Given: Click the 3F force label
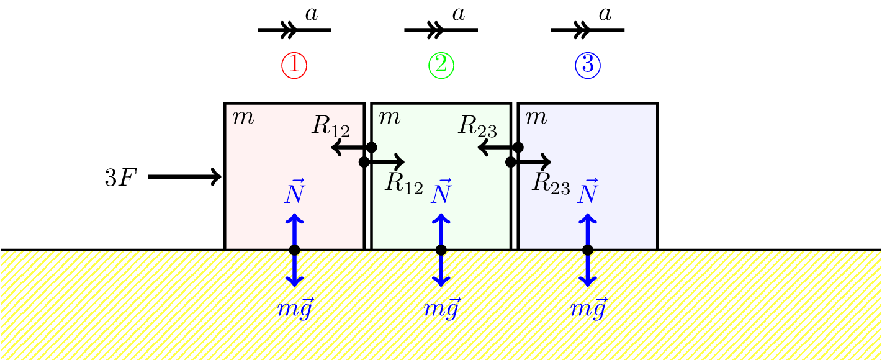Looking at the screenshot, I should pyautogui.click(x=119, y=178).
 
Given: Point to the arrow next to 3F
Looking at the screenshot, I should pyautogui.click(x=185, y=177).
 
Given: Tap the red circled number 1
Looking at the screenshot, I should pyautogui.click(x=294, y=65).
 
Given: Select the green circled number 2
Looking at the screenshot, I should pyautogui.click(x=441, y=65).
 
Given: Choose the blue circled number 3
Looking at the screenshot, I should pyautogui.click(x=588, y=65).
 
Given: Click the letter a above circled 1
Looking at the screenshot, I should pyautogui.click(x=312, y=14).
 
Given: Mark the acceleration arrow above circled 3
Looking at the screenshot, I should pyautogui.click(x=587, y=29).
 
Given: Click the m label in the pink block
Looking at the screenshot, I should pyautogui.click(x=243, y=117).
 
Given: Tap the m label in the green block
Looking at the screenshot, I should pyautogui.click(x=389, y=117).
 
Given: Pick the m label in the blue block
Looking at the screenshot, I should pyautogui.click(x=536, y=117).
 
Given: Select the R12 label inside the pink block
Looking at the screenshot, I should pyautogui.click(x=330, y=126).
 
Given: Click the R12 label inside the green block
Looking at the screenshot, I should pyautogui.click(x=403, y=183).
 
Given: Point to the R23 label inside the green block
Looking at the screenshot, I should pyautogui.click(x=477, y=126).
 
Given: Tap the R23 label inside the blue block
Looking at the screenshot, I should pyautogui.click(x=551, y=183).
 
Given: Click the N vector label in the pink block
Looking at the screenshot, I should pyautogui.click(x=295, y=192).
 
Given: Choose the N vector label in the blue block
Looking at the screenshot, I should pyautogui.click(x=588, y=192).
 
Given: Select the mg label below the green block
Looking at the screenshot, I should pyautogui.click(x=441, y=308).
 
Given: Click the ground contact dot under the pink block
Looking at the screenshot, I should pyautogui.click(x=294, y=250).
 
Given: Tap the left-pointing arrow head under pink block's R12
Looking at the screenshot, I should pyautogui.click(x=336, y=148).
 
